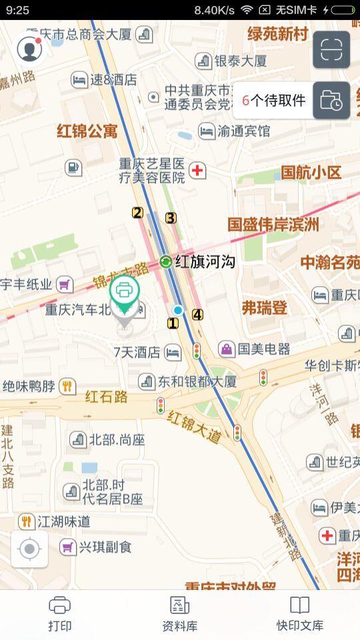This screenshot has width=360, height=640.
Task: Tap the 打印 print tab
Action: point(60,613)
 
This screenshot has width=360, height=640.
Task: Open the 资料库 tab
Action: point(179,613)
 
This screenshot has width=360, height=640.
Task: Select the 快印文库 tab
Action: point(300,613)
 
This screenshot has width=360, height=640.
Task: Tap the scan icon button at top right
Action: point(331,49)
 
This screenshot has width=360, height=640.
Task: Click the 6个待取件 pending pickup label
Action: point(273,101)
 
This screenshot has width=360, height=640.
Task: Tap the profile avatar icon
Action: point(29,49)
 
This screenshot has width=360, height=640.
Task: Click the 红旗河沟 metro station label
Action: point(205,262)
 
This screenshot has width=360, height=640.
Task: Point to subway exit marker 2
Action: point(137,213)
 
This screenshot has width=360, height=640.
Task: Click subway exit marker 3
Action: point(171,217)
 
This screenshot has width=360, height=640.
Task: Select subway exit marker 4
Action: point(197,315)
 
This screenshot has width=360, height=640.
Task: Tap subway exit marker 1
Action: point(173,323)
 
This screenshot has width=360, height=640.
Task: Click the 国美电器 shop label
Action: point(263,349)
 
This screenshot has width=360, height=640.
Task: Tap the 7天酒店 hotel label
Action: point(137,352)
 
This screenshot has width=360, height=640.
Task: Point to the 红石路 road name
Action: point(106,397)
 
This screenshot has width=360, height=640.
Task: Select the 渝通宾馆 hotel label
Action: point(243,131)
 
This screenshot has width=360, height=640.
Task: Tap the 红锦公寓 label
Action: point(87,131)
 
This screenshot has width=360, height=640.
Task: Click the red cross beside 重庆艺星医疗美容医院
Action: point(197,171)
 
